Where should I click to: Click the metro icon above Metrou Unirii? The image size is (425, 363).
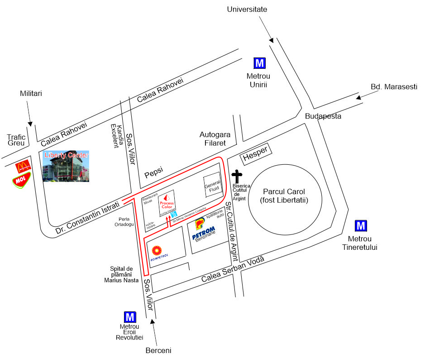pos(260,63)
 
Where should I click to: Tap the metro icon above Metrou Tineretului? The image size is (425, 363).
pos(361,225)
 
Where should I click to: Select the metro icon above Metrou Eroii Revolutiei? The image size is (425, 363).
pos(130,317)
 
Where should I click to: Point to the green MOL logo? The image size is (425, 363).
pos(21,181)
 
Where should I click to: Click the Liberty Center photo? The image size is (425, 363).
pos(66,166)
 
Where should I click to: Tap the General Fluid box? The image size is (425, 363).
pos(211,186)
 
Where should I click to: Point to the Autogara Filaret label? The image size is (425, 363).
pos(215,139)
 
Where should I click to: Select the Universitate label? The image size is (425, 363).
pos(247,9)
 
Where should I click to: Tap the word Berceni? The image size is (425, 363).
pos(158,350)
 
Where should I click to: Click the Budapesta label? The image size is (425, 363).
pos(323,116)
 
